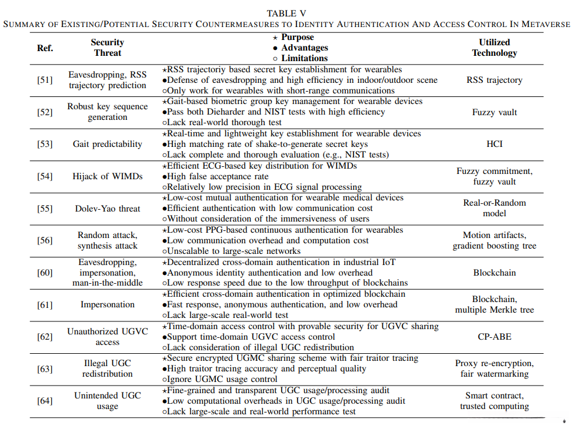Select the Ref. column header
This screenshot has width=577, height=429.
point(45,48)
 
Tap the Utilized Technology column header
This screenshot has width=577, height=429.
point(494,48)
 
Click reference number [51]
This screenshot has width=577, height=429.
point(45,80)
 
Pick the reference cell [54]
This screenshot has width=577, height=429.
point(45,176)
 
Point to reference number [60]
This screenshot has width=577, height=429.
point(45,273)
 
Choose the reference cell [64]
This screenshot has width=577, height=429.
point(45,401)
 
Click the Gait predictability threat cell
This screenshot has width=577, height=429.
point(108,144)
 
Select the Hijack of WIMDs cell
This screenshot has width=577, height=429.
point(108,176)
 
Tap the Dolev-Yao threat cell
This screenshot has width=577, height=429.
point(108,208)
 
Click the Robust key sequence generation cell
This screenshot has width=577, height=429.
point(108,112)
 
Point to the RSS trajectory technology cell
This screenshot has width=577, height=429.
point(494,80)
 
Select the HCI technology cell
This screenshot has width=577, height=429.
point(494,144)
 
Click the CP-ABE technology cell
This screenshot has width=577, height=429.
point(494,337)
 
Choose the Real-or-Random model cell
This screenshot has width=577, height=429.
point(494,208)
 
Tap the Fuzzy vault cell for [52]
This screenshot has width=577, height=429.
point(494,112)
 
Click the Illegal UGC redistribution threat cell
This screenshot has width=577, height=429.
point(108,368)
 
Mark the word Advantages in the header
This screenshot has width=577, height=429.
point(304,48)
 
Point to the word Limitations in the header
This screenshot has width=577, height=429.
point(304,58)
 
